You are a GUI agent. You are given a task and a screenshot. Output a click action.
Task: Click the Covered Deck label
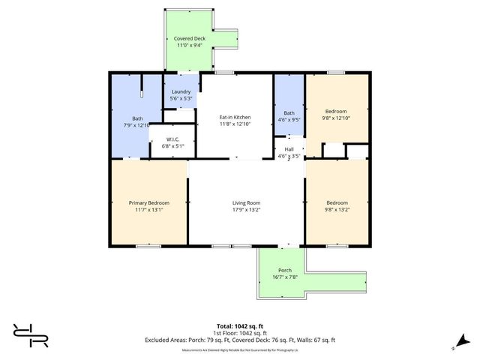(x=189, y=38)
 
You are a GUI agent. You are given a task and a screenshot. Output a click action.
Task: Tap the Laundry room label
(x=181, y=91)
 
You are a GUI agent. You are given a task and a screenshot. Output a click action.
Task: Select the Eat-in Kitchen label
(x=235, y=118)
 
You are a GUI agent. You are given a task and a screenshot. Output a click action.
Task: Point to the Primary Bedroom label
(x=148, y=202)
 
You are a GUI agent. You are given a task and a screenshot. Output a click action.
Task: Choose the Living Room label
(x=245, y=202)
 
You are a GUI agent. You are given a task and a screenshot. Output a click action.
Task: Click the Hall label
(x=289, y=149)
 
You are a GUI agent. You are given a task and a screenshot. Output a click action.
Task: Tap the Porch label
(x=285, y=270)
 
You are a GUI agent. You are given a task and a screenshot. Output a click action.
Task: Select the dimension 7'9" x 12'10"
(x=138, y=124)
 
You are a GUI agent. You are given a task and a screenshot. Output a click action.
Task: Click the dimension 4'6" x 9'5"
(x=289, y=118)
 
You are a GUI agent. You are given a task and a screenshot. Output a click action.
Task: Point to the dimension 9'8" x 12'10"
(x=337, y=118)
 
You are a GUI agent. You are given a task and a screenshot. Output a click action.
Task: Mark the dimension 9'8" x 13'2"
(x=337, y=209)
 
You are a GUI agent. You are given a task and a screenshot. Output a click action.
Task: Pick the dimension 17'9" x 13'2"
(x=245, y=209)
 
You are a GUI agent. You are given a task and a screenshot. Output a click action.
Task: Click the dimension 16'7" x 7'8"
(x=285, y=277)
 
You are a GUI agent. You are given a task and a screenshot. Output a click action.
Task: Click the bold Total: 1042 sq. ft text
(x=239, y=326)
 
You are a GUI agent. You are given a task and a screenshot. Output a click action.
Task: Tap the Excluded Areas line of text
(x=239, y=340)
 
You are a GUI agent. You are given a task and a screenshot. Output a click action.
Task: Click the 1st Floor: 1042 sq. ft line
(x=239, y=333)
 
